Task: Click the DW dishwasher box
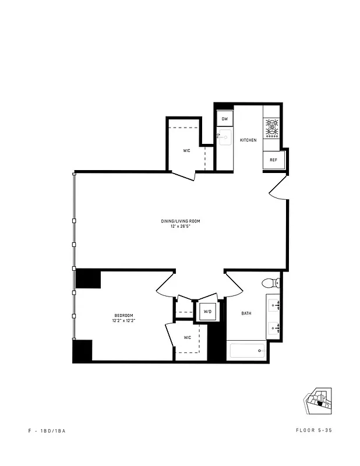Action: (224, 119)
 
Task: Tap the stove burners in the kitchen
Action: (272, 128)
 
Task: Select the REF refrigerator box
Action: (273, 160)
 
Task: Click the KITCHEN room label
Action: (248, 140)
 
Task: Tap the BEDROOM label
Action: (123, 315)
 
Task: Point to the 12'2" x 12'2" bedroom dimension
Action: (123, 320)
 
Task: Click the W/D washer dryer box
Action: (207, 312)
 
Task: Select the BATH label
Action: (246, 314)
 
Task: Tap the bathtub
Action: (247, 351)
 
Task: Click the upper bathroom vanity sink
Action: (275, 304)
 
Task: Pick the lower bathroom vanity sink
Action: (275, 328)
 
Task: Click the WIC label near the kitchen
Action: (186, 151)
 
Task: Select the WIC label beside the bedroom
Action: (188, 337)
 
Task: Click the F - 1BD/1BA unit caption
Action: (51, 430)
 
